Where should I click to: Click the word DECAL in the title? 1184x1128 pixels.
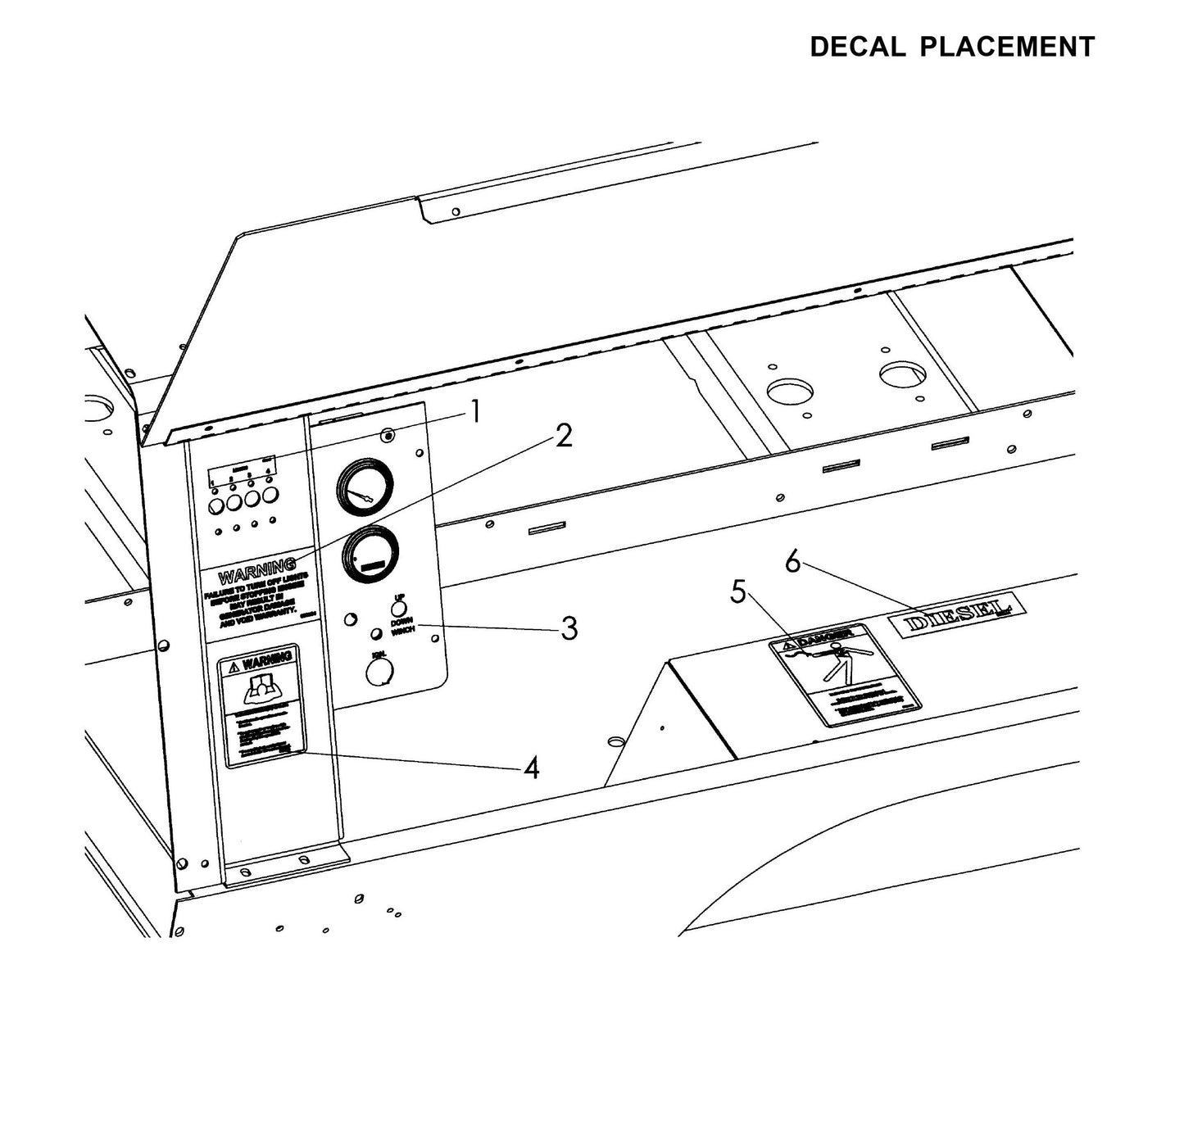(x=857, y=48)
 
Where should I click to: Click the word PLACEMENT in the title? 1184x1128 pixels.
(x=1007, y=48)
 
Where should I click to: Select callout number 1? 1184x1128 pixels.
(x=474, y=412)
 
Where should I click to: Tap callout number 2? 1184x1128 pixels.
(x=564, y=437)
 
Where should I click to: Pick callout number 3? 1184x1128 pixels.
(x=569, y=628)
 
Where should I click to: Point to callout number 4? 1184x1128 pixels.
(x=532, y=768)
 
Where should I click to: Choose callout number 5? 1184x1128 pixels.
(x=738, y=591)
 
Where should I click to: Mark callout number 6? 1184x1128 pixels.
(x=792, y=562)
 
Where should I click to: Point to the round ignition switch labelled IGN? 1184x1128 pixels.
(x=379, y=672)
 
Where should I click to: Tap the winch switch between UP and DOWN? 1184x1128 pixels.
(x=399, y=607)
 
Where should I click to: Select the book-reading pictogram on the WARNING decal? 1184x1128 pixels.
(x=261, y=689)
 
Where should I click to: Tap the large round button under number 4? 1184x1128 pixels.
(x=270, y=496)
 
